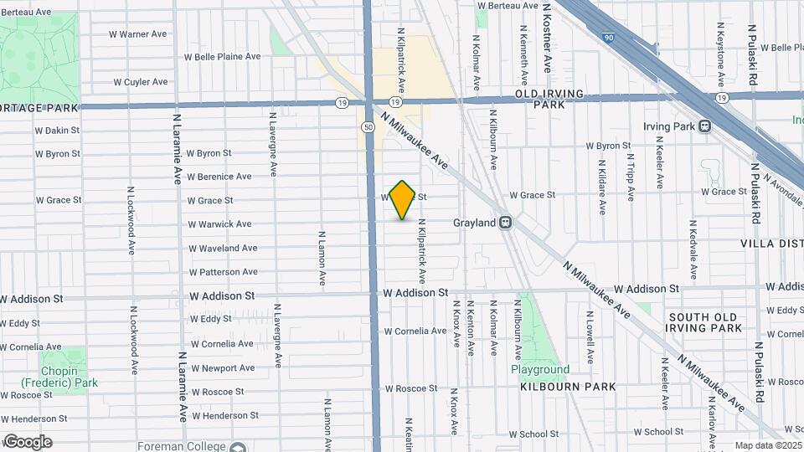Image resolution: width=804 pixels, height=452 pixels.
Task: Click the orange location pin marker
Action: tap(403, 199)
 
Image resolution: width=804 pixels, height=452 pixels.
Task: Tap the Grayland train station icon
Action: tap(505, 223)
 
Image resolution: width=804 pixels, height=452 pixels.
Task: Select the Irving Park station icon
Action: tap(704, 126)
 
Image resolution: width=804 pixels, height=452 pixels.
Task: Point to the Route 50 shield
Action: tap(368, 126)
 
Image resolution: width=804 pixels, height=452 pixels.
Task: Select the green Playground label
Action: tap(540, 369)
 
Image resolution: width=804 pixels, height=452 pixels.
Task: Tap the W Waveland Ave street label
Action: tap(223, 249)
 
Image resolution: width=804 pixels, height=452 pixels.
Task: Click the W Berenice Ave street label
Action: tap(219, 177)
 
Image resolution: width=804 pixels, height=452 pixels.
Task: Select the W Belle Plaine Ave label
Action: tap(222, 57)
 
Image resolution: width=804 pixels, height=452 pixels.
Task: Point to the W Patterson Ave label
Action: tap(223, 272)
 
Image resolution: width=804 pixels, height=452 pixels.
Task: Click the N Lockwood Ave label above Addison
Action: tap(131, 221)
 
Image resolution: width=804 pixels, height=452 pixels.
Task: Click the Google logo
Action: tap(28, 442)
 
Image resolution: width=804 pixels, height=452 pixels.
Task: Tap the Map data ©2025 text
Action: tap(767, 445)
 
